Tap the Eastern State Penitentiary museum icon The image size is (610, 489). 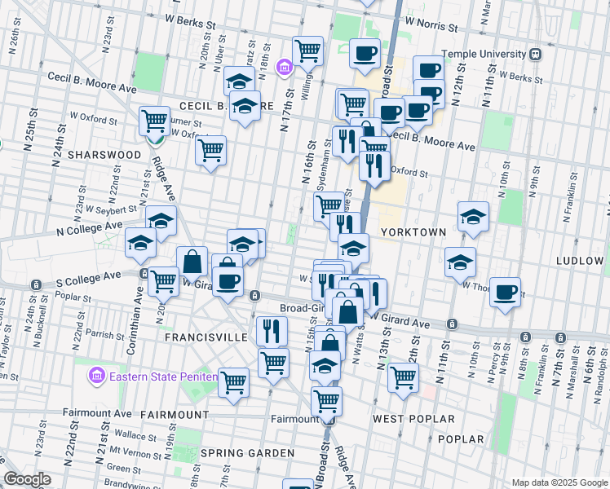tap(96, 377)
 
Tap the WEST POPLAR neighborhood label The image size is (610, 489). tap(413, 419)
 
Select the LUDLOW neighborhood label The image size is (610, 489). tap(579, 261)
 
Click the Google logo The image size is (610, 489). tap(28, 480)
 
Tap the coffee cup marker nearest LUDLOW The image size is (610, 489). tap(506, 291)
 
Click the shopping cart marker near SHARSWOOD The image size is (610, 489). tap(153, 121)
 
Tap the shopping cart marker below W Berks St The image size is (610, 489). tap(307, 51)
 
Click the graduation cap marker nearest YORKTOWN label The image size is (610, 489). tap(473, 217)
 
